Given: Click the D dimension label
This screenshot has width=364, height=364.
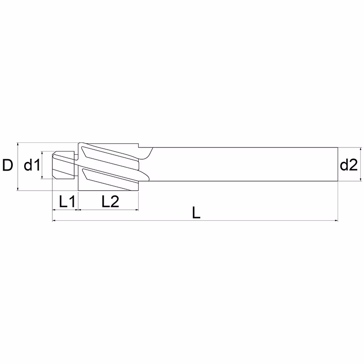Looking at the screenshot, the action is (x=8, y=165).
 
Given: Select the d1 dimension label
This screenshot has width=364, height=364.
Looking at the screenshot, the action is (x=32, y=165).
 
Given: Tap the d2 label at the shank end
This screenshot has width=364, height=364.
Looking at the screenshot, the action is (x=349, y=165).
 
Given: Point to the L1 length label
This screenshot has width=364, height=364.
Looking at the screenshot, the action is (x=67, y=201).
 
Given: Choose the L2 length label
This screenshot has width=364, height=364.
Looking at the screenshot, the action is (x=110, y=201).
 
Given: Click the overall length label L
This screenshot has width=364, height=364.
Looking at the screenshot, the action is (x=196, y=212).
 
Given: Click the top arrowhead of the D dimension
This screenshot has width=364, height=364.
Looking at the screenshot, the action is (x=18, y=145).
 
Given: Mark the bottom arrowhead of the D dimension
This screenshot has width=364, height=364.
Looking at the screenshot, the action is (x=18, y=188).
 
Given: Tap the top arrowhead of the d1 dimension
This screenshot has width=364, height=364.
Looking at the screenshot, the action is (x=42, y=153).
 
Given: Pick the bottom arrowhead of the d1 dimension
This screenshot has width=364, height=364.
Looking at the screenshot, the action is (x=42, y=177).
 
